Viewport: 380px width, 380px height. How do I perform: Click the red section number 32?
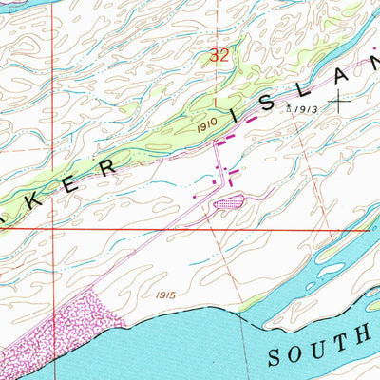(219, 56)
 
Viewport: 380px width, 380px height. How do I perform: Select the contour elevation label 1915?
(166, 295)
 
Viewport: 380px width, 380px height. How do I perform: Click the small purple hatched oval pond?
(228, 201)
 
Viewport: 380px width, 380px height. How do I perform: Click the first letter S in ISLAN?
(255, 105)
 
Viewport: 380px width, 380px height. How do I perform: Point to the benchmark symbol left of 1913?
(290, 110)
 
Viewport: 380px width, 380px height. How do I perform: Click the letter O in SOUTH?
(297, 354)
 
